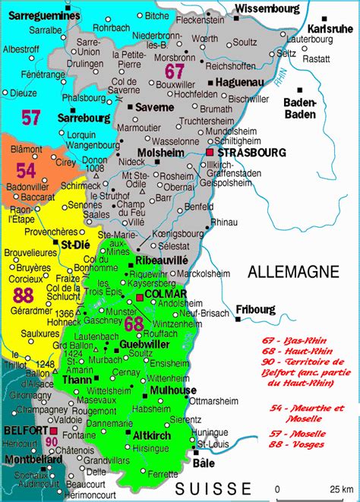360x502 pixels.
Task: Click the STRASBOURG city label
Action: coord(240,153)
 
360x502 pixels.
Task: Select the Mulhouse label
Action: coord(174,390)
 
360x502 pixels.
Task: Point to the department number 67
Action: coord(175,71)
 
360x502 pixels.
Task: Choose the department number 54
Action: coord(27,170)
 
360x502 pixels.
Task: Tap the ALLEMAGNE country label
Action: coord(285,270)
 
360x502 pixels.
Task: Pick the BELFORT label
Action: coord(21,429)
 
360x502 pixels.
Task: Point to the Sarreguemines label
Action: coord(40,15)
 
